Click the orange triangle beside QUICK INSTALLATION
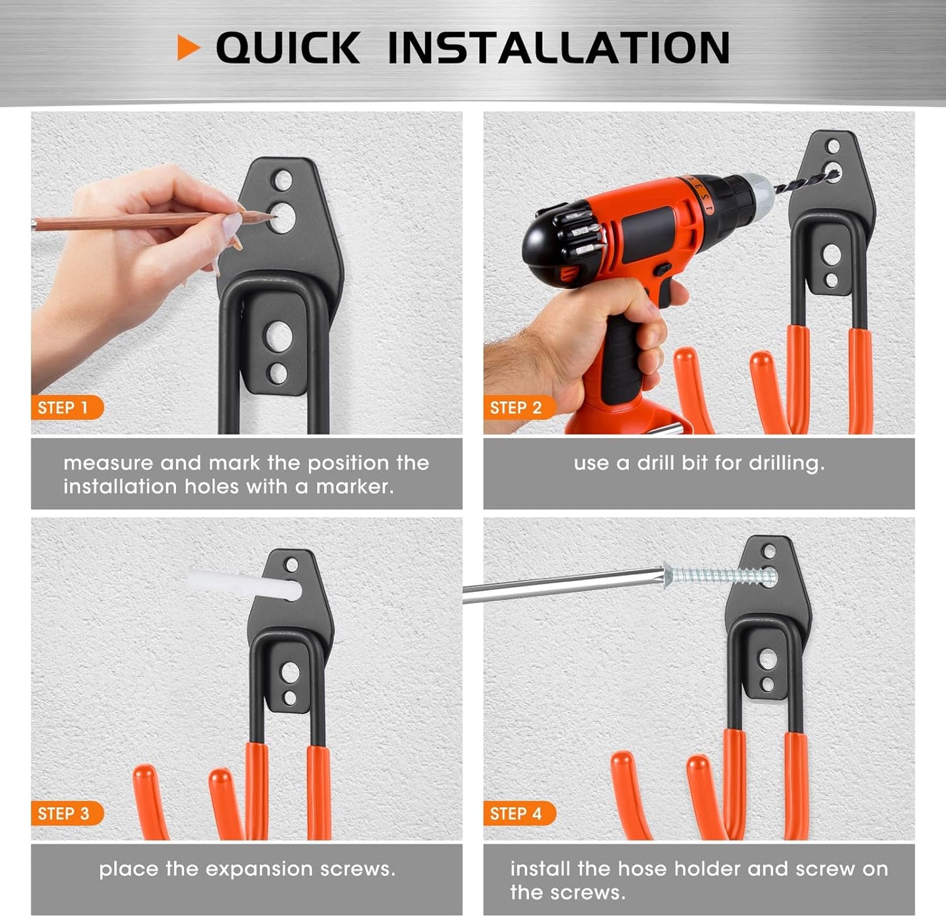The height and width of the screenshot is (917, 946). pyautogui.click(x=187, y=48)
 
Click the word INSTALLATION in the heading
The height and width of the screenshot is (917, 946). pyautogui.click(x=558, y=48)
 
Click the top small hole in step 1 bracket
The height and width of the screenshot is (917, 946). pyautogui.click(x=283, y=181)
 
